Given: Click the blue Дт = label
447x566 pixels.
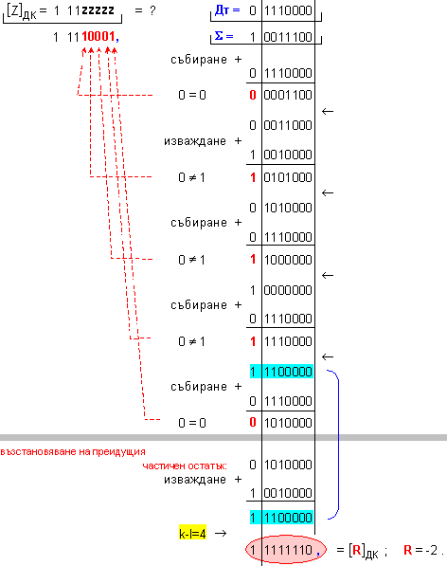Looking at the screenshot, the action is [227, 10].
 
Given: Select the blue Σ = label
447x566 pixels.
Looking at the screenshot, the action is [223, 36].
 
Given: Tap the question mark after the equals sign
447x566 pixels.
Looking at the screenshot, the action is [152, 10].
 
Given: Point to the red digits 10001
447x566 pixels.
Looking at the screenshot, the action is [98, 36].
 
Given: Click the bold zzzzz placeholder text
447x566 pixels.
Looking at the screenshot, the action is [98, 10].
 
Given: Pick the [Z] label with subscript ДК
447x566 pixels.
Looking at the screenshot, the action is [22, 11].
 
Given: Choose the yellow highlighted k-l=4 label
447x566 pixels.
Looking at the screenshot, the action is [192, 533].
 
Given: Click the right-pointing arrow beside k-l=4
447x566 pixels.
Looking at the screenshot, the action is [221, 533].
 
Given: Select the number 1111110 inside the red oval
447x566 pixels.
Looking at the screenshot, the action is [288, 550].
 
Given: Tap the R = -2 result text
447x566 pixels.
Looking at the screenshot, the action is [421, 550].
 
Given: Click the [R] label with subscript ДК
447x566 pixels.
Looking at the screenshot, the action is [364, 551].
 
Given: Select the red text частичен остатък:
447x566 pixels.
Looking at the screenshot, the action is [185, 466].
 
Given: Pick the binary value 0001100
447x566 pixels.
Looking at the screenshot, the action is [288, 95].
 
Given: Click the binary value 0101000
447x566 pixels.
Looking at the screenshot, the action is [288, 177].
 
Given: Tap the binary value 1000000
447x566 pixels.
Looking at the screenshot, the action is [288, 260].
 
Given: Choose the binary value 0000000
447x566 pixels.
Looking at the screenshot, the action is [288, 290].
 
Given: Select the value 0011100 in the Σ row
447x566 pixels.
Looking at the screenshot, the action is [288, 37].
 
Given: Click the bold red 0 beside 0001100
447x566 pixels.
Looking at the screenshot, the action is [253, 95].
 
